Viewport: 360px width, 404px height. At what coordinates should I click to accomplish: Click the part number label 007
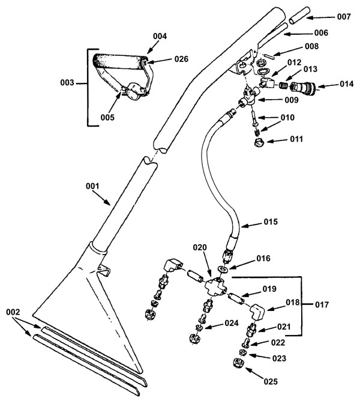(344, 17)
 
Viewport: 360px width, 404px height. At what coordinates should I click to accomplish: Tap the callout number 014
(346, 84)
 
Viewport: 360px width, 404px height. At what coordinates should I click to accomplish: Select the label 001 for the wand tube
(92, 186)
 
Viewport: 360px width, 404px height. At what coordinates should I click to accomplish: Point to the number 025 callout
(271, 381)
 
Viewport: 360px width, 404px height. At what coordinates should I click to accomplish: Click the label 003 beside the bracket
(67, 83)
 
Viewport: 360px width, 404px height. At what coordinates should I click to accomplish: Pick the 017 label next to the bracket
(322, 305)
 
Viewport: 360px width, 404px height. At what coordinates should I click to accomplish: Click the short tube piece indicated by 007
(299, 16)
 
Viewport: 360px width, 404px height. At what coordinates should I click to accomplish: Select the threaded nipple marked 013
(284, 85)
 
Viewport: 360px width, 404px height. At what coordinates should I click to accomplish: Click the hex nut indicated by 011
(258, 142)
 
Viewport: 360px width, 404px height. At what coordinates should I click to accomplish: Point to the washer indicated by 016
(223, 270)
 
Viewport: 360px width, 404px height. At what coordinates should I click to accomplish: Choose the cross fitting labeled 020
(216, 286)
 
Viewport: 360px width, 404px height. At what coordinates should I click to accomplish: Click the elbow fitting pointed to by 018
(257, 312)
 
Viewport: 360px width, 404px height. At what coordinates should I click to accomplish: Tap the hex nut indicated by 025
(238, 363)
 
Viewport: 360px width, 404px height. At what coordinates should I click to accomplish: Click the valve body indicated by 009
(248, 97)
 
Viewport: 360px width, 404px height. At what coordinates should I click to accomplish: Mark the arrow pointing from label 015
(251, 225)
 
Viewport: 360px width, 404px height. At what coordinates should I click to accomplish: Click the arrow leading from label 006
(298, 33)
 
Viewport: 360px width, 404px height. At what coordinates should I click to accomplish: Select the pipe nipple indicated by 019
(236, 298)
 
